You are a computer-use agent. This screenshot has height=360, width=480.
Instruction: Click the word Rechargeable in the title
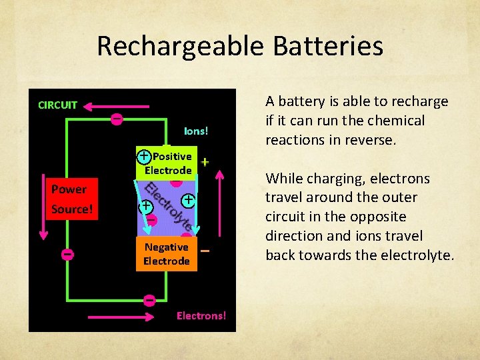coord(172,46)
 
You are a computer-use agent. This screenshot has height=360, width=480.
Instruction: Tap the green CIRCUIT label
coord(57,105)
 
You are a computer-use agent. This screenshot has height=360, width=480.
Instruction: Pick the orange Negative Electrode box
coord(167,254)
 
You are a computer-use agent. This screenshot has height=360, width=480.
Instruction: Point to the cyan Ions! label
coord(196,131)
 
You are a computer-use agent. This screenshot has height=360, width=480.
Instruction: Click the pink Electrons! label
coord(201,315)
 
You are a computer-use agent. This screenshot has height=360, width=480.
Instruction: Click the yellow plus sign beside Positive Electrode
coord(205,162)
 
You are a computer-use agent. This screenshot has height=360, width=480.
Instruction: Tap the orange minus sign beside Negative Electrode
coord(205,251)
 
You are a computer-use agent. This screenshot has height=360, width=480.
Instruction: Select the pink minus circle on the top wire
coord(116,119)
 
